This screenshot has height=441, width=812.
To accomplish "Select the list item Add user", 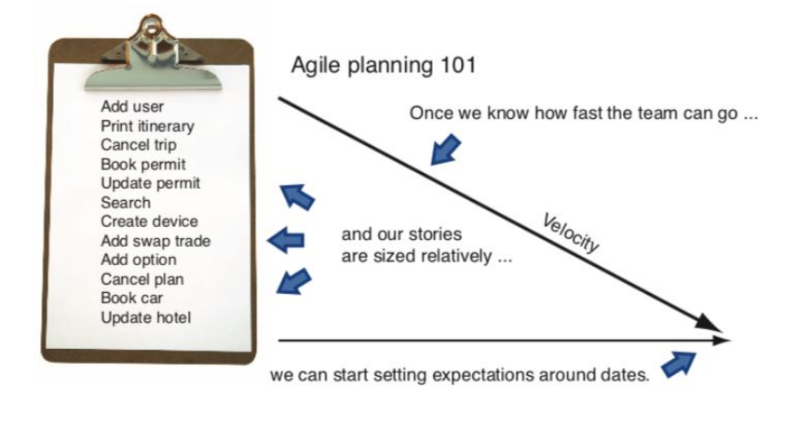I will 132,107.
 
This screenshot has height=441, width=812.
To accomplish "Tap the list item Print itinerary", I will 148,126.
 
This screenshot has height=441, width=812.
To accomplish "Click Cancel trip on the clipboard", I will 139,145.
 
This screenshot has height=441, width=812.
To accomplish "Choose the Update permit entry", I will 150,183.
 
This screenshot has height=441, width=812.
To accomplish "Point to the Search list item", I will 126,202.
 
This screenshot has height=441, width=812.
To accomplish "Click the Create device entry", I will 149,221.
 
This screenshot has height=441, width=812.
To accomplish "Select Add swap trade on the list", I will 156,241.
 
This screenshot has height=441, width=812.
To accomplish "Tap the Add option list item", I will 139,260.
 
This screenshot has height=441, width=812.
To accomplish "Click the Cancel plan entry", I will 142,279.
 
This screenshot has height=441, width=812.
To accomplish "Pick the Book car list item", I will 132,298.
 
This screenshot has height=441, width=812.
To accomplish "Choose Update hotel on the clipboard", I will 146,318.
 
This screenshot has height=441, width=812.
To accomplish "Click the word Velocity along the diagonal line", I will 570,233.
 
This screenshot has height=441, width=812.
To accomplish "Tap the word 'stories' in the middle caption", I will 433,235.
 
